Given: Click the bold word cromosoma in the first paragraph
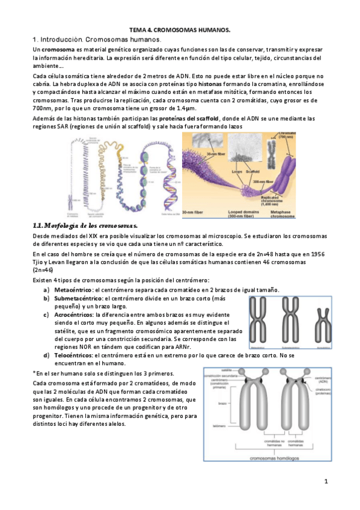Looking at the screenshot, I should coord(54,48).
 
